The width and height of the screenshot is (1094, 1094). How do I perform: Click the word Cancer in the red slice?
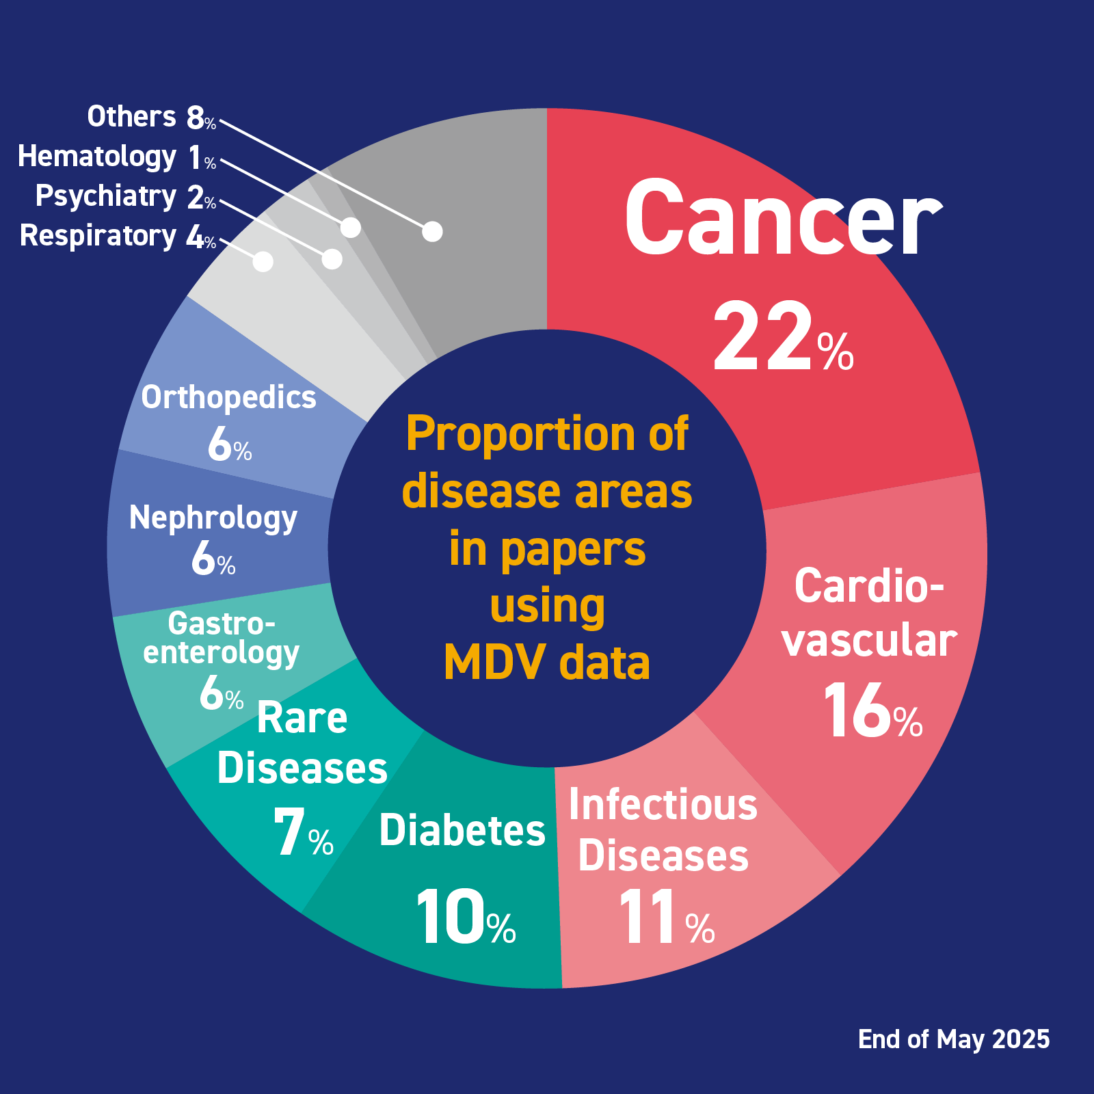(783, 219)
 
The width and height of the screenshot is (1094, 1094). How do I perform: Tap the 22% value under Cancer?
(783, 338)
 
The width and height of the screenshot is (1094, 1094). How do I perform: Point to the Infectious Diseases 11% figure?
(665, 918)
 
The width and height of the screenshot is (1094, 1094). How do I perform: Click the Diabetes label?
(462, 831)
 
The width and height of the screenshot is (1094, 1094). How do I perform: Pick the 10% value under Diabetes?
(465, 918)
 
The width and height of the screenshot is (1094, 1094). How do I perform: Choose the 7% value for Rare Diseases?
(302, 833)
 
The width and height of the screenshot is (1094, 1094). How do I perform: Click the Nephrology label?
(213, 518)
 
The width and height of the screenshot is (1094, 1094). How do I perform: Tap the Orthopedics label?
(228, 398)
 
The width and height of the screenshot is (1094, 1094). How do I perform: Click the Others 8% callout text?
(151, 118)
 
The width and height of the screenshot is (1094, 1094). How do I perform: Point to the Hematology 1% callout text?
(116, 157)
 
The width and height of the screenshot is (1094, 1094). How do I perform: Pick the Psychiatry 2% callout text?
(125, 197)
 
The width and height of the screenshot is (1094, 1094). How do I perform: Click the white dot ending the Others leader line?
(432, 232)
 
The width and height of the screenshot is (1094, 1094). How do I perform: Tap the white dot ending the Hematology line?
(351, 228)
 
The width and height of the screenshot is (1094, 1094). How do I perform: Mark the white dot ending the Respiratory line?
(263, 261)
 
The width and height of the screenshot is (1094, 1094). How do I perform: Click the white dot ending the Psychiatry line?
(332, 259)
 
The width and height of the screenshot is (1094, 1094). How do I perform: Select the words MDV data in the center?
(547, 663)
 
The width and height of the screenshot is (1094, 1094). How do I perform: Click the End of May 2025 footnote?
(954, 1039)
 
